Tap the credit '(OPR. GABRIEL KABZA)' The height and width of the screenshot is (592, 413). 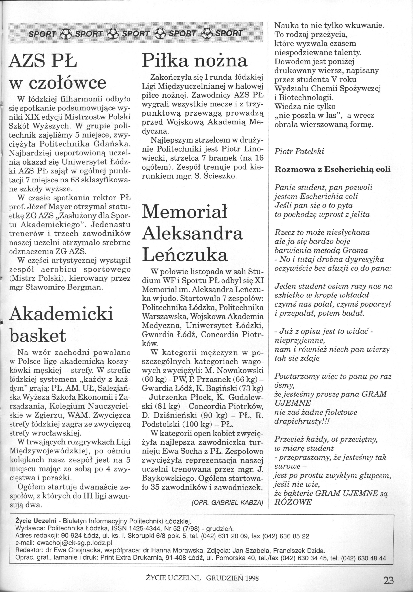click(x=227, y=502)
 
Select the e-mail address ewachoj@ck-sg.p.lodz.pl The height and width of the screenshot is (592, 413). click(x=75, y=542)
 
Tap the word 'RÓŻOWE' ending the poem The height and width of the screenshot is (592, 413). click(x=293, y=502)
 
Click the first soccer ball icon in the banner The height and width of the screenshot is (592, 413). click(x=66, y=33)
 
